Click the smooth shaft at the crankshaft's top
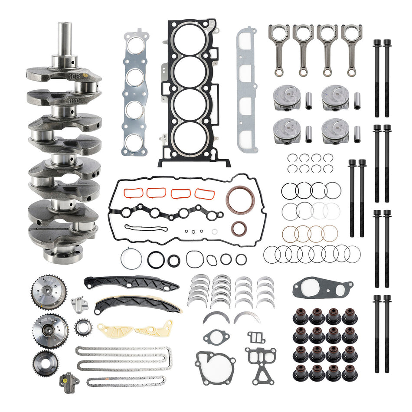click(x=65, y=39)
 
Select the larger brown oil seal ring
click(x=239, y=199)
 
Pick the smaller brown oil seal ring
click(x=239, y=228)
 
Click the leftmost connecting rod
click(x=279, y=48)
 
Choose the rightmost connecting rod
click(x=352, y=48)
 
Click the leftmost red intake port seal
click(x=132, y=193)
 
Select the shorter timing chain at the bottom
click(x=126, y=382)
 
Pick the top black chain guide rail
click(x=130, y=283)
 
